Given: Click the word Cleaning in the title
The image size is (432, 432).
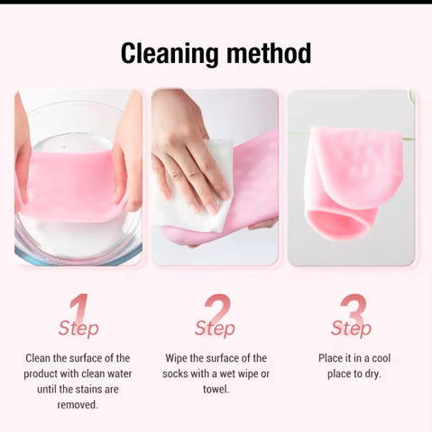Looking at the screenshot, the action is point(170,54).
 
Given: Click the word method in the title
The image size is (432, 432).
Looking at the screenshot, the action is point(269,53).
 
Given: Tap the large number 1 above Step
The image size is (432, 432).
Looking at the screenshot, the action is point(78,309).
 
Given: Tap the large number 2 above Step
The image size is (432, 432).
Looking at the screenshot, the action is point(217,309).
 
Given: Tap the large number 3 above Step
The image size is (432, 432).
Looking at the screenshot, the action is point(354,309).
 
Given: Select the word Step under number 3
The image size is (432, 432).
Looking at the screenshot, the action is point(351,328).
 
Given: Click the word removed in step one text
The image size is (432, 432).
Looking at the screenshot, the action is point(78,405).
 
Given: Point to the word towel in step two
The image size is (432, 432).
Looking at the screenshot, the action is point(216,390).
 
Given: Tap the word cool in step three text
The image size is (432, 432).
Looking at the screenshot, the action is point(381,358).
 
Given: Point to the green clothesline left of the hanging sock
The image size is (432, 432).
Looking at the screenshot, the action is point(299,133).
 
